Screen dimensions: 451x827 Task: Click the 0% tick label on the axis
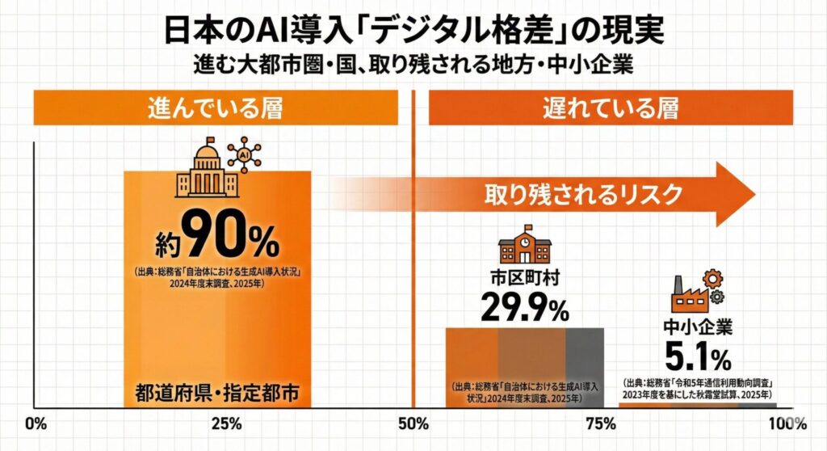35,424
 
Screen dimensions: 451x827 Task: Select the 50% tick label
413,424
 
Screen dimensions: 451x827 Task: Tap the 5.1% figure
699,356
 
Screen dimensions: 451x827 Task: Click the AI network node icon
244,154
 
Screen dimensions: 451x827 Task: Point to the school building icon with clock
525,246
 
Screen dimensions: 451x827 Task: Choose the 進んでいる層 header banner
216,108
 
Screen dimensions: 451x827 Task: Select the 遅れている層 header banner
611,108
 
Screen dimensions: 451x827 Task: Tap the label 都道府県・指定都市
216,395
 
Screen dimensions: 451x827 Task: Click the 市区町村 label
525,279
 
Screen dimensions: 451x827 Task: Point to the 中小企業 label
699,328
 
